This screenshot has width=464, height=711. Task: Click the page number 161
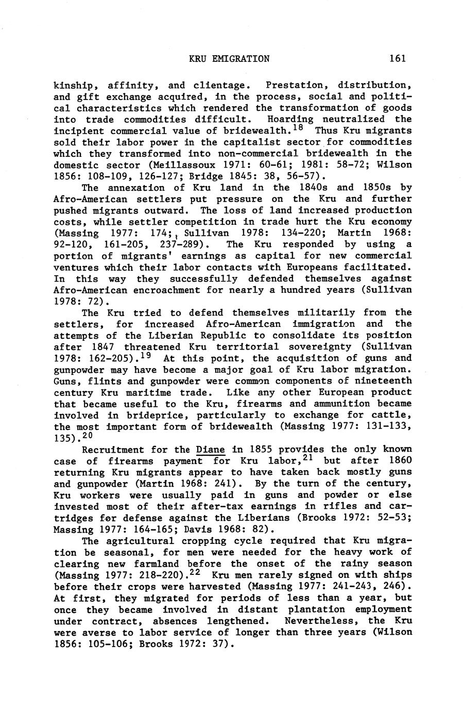click(x=398, y=58)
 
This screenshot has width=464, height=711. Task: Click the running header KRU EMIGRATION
click(x=229, y=58)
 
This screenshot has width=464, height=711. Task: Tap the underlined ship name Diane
click(x=211, y=450)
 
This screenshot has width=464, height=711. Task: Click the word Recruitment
click(x=113, y=450)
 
